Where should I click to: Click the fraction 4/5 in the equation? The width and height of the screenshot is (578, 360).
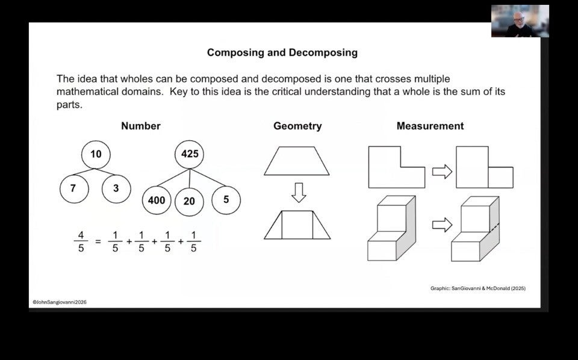tap(81, 241)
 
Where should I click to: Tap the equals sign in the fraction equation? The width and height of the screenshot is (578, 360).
tap(98, 242)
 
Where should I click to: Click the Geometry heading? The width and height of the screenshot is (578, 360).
tap(297, 126)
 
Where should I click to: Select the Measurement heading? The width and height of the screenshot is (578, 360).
tap(430, 126)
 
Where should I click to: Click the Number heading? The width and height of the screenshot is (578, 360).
tap(141, 126)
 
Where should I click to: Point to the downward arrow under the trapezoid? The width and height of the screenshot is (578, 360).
tap(299, 193)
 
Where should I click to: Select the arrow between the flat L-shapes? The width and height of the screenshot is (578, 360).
tap(442, 172)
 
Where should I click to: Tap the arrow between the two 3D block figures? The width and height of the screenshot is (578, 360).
tap(442, 225)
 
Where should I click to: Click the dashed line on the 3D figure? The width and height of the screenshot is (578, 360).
tap(495, 228)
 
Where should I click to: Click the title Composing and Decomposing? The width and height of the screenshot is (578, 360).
tap(282, 53)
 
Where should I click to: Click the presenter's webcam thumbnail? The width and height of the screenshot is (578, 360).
tap(520, 21)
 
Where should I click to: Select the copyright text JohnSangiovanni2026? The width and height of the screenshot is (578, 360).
tap(60, 302)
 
